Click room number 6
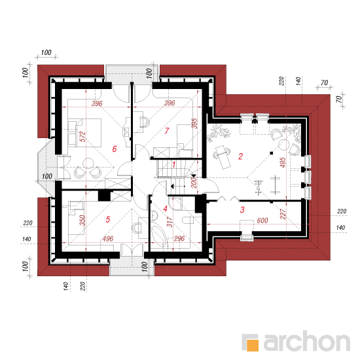[115, 149]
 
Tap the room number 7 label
[167, 131]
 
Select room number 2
[240, 156]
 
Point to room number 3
[242, 209]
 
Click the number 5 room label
[108, 219]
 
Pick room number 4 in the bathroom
[165, 209]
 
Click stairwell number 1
[174, 164]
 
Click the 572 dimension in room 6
[82, 136]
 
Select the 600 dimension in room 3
[262, 221]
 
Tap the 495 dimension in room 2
[283, 162]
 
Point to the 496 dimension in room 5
[108, 239]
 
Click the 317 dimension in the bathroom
[170, 222]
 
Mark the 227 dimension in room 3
[283, 214]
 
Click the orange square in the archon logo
[253, 345]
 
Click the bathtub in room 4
[158, 236]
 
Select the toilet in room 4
[189, 221]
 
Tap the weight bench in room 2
[222, 157]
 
